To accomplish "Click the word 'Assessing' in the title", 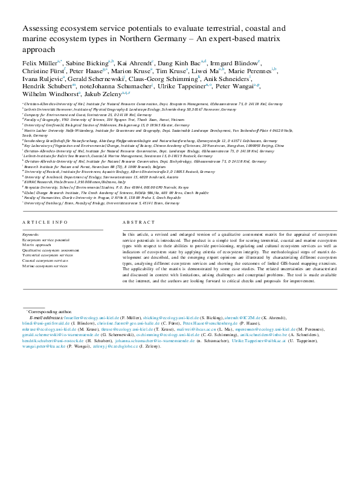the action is point(40,28).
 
